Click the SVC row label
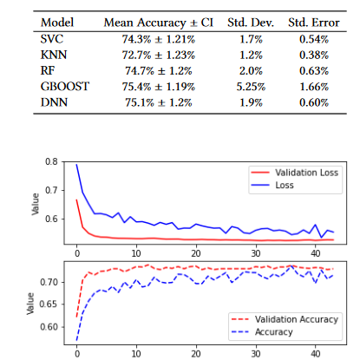[51, 40]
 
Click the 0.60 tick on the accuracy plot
[53, 327]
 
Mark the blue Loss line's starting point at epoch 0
[76, 164]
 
